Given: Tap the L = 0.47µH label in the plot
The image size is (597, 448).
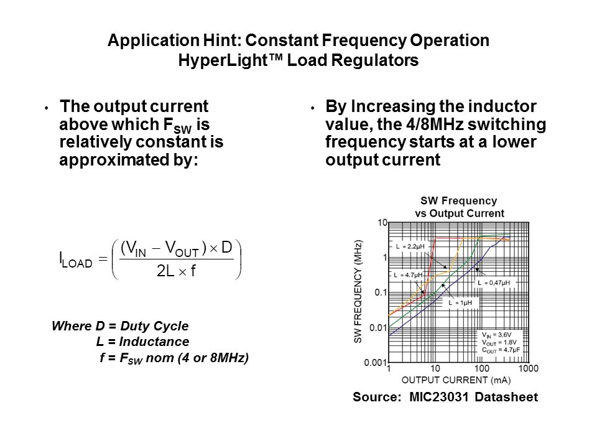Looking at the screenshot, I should tap(495, 282).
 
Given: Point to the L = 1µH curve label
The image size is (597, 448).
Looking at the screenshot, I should tap(461, 302).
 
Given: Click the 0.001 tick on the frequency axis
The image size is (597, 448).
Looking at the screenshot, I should tap(375, 362).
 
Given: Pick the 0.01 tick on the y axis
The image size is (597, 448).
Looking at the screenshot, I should tap(377, 327).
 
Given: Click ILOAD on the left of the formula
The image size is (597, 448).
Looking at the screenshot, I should tap(75, 258).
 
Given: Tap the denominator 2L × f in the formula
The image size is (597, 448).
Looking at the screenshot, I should tap(175, 271).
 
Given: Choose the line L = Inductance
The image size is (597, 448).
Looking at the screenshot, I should tap(142, 342).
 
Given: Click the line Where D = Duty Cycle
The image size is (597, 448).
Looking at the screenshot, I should tap(120, 326).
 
